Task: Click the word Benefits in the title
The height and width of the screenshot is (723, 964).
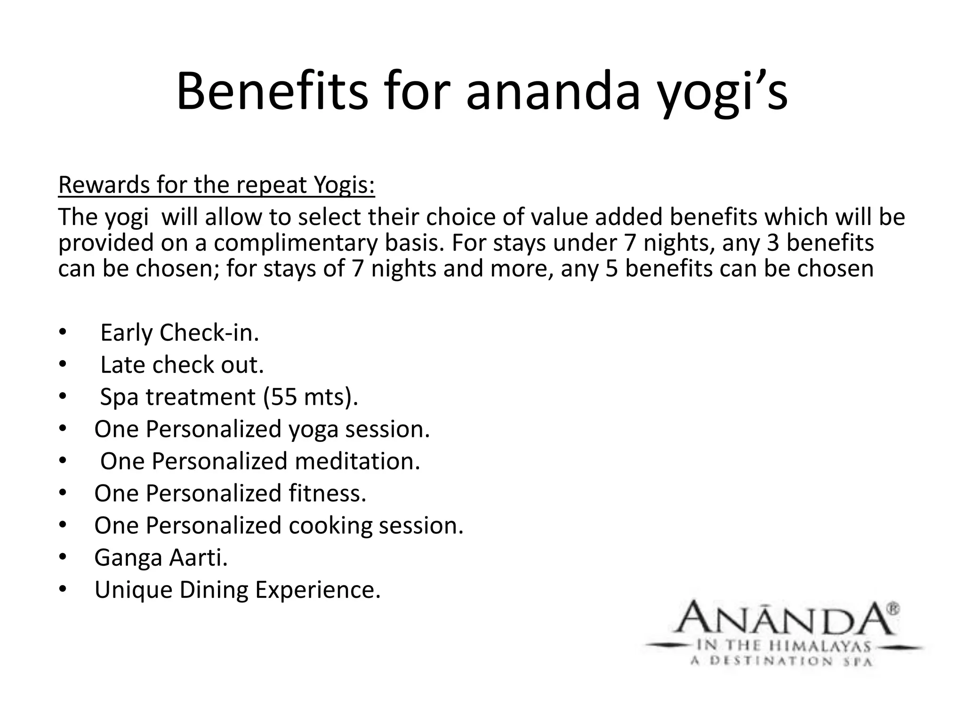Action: pos(272,92)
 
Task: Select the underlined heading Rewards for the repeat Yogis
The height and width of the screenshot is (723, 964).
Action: pos(217,185)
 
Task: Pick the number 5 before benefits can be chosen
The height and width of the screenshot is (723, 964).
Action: pos(611,269)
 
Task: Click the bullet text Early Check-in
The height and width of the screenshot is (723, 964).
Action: pos(179,333)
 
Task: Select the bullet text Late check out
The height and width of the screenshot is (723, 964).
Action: pos(182,365)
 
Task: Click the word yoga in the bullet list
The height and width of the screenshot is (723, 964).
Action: pos(313,430)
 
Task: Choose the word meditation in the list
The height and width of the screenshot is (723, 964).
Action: pos(357,461)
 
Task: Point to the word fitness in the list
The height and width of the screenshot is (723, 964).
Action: pos(327,493)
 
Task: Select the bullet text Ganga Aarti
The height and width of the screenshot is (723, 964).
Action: pos(161,558)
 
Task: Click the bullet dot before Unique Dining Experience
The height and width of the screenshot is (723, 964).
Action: pos(63,590)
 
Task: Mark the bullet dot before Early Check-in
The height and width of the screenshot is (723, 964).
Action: pos(63,333)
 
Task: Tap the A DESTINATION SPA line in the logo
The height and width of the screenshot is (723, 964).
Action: pos(781,661)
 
